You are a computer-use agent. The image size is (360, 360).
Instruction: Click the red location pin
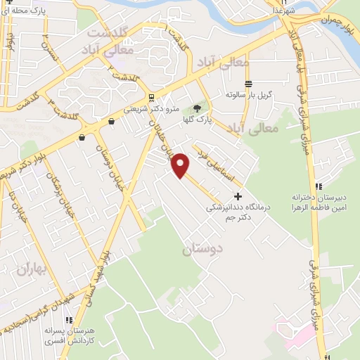(181, 165)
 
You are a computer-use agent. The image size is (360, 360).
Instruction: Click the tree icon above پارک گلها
(198, 108)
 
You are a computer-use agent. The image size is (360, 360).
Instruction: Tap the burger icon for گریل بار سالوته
(248, 83)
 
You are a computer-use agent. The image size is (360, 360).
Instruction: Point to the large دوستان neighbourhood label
(202, 250)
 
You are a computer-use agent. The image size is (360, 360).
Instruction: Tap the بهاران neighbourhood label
(31, 269)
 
